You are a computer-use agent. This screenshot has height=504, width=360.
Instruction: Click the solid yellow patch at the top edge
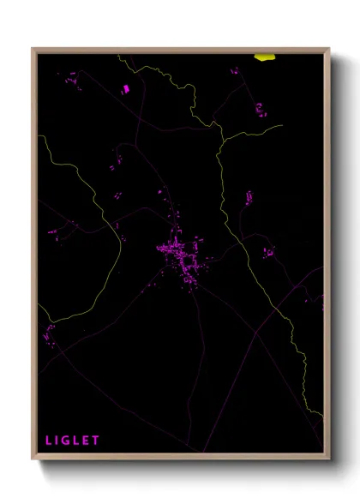(265, 57)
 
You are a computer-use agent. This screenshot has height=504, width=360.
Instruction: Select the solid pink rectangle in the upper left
(126, 88)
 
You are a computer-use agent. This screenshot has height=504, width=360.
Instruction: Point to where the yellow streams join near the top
(222, 135)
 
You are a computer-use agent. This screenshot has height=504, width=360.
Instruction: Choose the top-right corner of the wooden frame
(328, 50)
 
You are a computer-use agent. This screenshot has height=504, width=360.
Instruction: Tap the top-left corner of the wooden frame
(33, 50)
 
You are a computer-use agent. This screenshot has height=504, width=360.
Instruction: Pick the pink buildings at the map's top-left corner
(72, 80)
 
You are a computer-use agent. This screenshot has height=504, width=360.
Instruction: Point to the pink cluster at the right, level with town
(269, 253)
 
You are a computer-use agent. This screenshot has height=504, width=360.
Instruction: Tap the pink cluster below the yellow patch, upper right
(260, 110)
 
